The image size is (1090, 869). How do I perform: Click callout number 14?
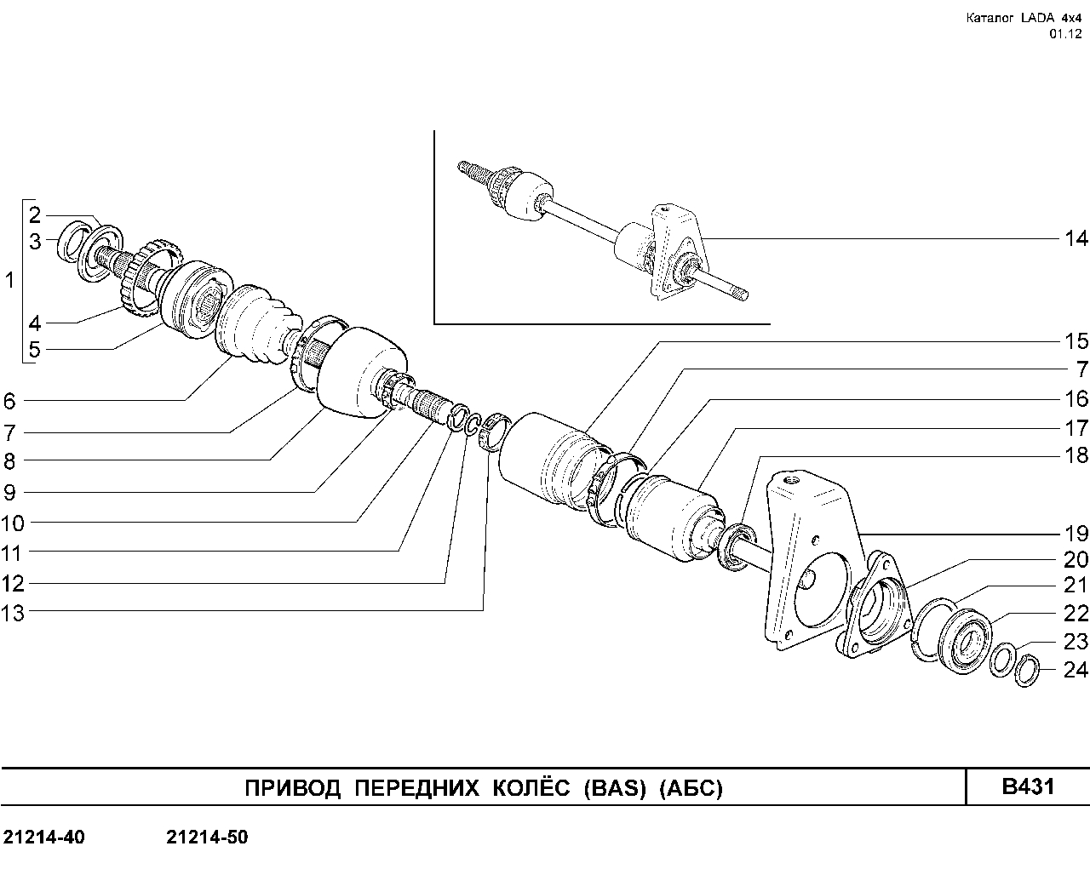(1076, 238)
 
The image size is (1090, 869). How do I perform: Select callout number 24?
(1076, 670)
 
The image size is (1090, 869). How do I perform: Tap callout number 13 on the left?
(13, 613)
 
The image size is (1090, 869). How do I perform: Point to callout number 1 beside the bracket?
(9, 280)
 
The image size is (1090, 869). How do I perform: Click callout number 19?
(1076, 534)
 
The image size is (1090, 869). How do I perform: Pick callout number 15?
(1076, 341)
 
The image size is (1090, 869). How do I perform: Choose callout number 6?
(9, 401)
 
